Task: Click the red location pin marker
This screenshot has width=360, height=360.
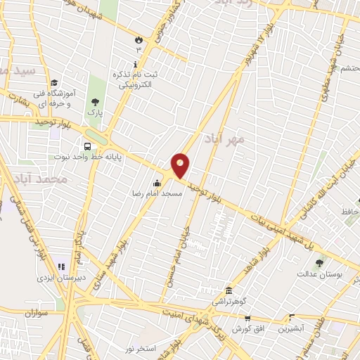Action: (x=181, y=166)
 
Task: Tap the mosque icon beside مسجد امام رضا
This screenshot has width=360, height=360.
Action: (x=156, y=184)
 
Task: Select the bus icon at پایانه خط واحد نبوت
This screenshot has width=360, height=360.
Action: (x=87, y=147)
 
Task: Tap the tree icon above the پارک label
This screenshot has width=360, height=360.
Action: (x=95, y=102)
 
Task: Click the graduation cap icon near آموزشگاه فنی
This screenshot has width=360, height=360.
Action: (x=53, y=83)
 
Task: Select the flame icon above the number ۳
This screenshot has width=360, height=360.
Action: (x=139, y=40)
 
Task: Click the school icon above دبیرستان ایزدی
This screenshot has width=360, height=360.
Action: (x=61, y=267)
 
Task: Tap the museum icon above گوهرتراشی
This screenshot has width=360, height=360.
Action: (x=229, y=290)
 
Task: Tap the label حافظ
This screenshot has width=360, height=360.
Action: (x=349, y=211)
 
